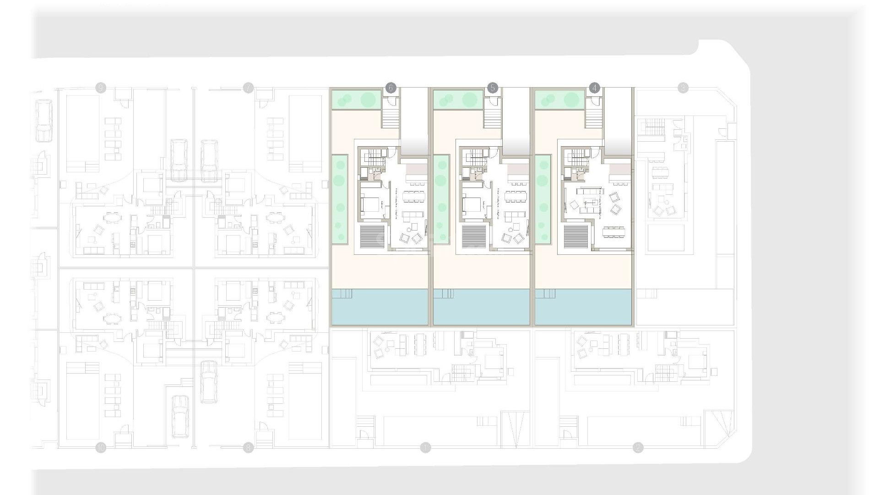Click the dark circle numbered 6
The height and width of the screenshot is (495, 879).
coord(391,88)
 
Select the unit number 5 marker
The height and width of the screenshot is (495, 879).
coord(493,88)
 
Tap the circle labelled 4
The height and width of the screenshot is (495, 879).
coord(594,88)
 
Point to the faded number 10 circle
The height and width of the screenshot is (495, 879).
coord(101,448)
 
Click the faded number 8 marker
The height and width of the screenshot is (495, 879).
coord(248,448)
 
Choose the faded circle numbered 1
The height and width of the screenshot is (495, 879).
coord(425,448)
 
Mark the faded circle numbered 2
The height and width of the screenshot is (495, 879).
coord(638,448)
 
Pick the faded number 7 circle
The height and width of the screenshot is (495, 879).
coord(248,88)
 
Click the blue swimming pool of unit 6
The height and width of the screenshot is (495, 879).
coord(379,307)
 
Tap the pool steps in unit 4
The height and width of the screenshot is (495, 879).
coord(545,293)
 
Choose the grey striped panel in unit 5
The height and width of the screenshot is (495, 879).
coord(472,236)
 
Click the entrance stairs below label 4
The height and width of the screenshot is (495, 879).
coord(594,118)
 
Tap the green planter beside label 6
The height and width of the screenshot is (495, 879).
coord(356,99)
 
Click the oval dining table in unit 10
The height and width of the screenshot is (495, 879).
coord(110,317)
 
